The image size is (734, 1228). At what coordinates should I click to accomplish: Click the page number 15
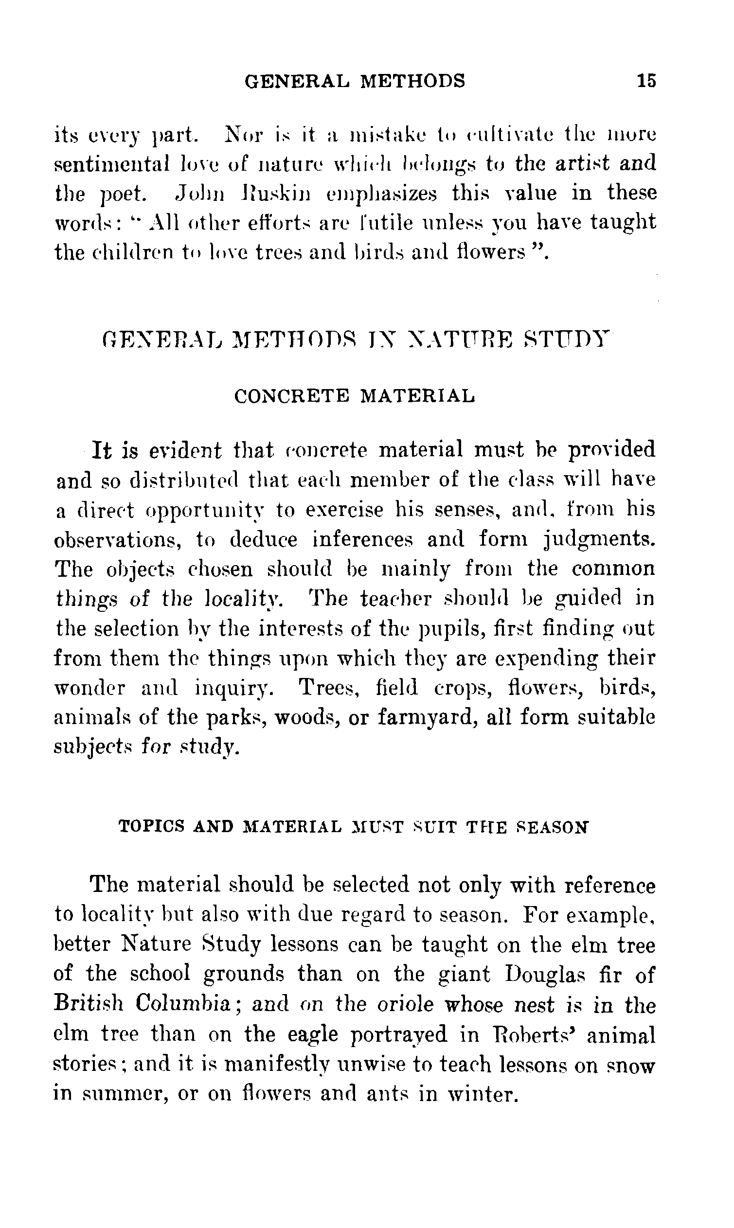pos(646,80)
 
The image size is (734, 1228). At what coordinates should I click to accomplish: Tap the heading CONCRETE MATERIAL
pos(355,396)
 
